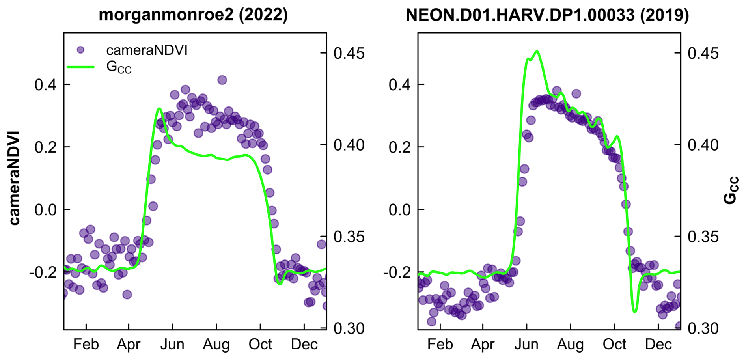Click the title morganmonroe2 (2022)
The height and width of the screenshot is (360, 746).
pyautogui.click(x=193, y=15)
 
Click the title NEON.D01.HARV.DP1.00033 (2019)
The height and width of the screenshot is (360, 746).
pyautogui.click(x=547, y=15)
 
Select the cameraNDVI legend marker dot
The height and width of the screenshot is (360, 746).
pyautogui.click(x=80, y=50)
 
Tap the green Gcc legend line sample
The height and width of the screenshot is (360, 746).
pyautogui.click(x=80, y=67)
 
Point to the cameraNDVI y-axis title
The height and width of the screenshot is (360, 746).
pyautogui.click(x=14, y=178)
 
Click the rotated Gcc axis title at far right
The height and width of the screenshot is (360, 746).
pyautogui.click(x=731, y=190)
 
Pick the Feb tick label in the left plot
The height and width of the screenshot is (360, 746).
pyautogui.click(x=86, y=345)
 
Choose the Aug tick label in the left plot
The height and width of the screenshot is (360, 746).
pyautogui.click(x=216, y=345)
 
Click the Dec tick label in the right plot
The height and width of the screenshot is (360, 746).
pyautogui.click(x=658, y=345)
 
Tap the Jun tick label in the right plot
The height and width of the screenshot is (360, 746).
pyautogui.click(x=526, y=345)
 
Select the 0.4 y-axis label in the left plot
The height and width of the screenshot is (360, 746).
pyautogui.click(x=46, y=85)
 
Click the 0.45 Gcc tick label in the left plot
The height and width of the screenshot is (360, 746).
pyautogui.click(x=349, y=53)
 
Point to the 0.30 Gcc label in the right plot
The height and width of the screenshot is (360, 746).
pyautogui.click(x=703, y=328)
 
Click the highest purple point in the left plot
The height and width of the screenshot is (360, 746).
pyautogui.click(x=222, y=80)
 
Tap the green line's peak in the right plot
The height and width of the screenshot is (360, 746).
pyautogui.click(x=537, y=51)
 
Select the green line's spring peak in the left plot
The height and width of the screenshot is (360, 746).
pyautogui.click(x=159, y=108)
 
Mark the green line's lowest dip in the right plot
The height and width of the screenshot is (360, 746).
pyautogui.click(x=634, y=312)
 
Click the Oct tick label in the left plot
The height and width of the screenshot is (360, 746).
pyautogui.click(x=260, y=345)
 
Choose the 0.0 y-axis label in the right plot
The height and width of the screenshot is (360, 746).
pyautogui.click(x=400, y=210)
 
